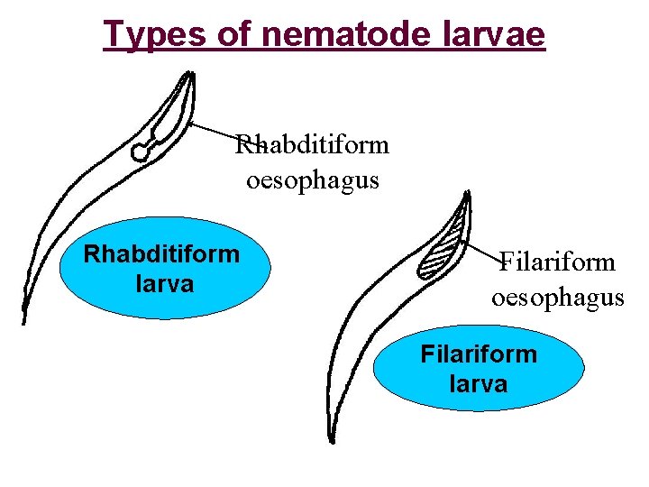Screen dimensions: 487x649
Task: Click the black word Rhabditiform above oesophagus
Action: (x=312, y=144)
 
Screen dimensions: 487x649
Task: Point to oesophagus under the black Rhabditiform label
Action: (x=313, y=179)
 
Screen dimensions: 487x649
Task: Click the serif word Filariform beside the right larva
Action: (x=557, y=262)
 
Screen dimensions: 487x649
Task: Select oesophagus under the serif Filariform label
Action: (x=557, y=297)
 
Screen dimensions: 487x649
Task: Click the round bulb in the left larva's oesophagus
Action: (x=141, y=153)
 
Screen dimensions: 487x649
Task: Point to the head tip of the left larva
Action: (x=190, y=75)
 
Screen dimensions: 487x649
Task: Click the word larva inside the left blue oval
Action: (x=163, y=284)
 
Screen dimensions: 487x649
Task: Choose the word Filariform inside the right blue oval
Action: (x=479, y=354)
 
